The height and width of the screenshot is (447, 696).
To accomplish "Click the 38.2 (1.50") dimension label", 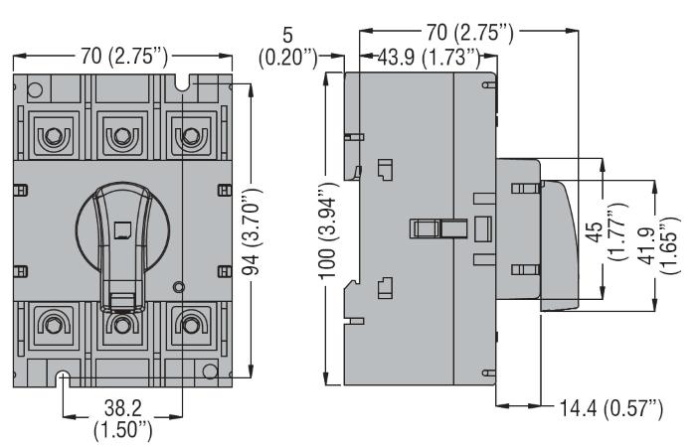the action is click(123, 418).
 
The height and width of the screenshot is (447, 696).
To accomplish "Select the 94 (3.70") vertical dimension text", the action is click(253, 231).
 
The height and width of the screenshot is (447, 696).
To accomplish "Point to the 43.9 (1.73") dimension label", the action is click(429, 58).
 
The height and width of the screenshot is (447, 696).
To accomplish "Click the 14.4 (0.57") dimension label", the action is click(611, 408).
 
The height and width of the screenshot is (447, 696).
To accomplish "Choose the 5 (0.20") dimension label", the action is click(288, 47).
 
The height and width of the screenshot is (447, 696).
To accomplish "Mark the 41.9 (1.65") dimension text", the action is click(660, 245).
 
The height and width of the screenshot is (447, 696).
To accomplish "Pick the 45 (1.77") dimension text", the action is click(608, 231).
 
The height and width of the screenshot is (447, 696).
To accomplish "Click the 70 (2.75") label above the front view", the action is click(124, 57).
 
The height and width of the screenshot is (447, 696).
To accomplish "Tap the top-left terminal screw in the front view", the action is click(54, 135).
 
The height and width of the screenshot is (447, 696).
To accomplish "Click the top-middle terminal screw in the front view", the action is click(121, 135).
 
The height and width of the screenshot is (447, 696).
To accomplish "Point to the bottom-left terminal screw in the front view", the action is click(54, 325).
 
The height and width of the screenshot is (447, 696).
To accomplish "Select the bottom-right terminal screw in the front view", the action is click(191, 325).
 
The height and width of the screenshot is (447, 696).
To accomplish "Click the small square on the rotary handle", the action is click(122, 229).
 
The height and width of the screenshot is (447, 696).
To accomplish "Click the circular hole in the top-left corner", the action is click(35, 90).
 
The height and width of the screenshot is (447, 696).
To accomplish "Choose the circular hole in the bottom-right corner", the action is click(210, 372).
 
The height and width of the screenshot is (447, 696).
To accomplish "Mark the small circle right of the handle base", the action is click(178, 287).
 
